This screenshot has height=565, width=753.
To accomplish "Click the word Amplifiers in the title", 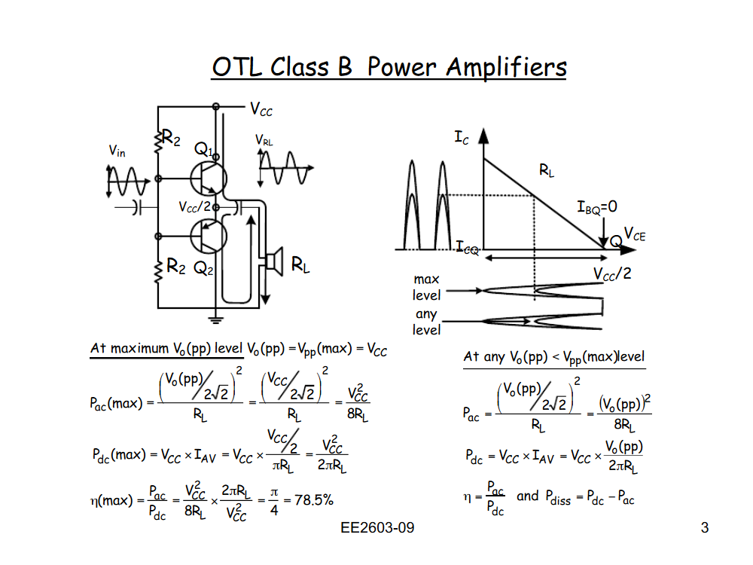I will click(506, 68).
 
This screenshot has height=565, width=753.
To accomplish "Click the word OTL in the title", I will click(237, 68).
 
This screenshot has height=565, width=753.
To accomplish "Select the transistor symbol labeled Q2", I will click(208, 236).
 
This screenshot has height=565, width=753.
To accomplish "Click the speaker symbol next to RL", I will click(272, 261).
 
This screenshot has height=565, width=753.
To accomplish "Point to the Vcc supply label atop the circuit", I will click(261, 110).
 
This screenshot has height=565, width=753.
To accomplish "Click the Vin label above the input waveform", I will click(117, 151).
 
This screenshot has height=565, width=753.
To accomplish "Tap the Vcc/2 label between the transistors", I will click(194, 206).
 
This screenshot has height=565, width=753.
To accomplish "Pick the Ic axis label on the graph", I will click(462, 138).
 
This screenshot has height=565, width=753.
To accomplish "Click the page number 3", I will click(705, 528).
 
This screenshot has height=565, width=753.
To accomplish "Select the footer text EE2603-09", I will click(377, 528).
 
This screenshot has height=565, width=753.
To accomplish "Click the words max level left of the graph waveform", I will click(426, 287).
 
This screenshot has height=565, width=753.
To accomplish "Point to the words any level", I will click(426, 322).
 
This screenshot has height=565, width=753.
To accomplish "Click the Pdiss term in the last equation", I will click(559, 496).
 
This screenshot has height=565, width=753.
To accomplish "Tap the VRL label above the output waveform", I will click(264, 140).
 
